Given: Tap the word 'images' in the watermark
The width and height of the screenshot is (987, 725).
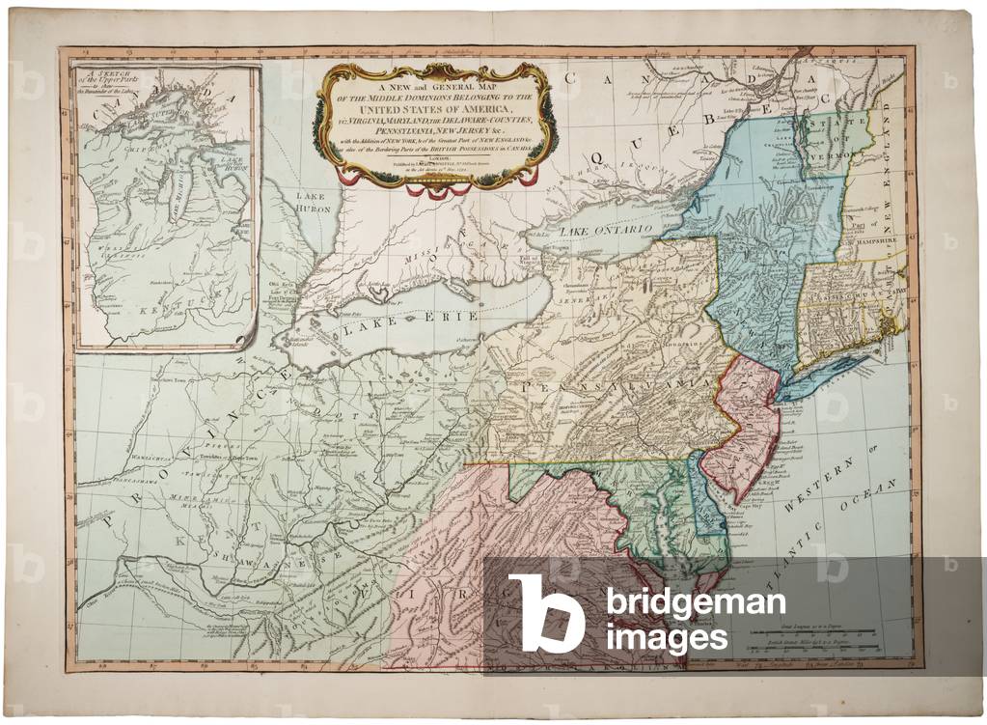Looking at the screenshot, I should point(666,638).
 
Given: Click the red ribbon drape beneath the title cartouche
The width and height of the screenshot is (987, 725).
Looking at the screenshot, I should point(433,188).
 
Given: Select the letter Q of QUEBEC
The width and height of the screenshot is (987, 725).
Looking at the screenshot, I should point(598,155).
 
